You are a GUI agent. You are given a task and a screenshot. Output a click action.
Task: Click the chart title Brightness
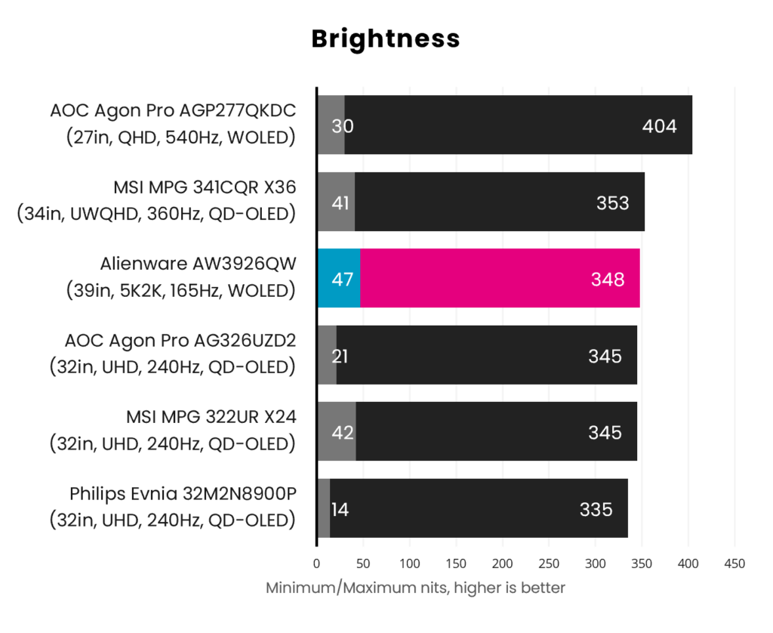[386, 39]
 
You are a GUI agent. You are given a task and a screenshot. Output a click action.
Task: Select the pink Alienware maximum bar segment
[500, 278]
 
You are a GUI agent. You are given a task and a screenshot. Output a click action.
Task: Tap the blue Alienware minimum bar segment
[339, 278]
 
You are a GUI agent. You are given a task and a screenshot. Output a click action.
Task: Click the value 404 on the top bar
[659, 126]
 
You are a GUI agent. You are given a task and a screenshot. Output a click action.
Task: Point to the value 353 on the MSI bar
[613, 202]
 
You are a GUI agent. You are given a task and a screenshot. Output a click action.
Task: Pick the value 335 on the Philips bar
[596, 509]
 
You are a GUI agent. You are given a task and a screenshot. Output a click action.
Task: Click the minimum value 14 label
[340, 509]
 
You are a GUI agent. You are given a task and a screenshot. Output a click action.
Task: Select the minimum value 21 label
[340, 356]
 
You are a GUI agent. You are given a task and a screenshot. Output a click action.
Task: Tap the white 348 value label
[608, 279]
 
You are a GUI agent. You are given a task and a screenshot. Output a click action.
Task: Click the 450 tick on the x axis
[735, 564]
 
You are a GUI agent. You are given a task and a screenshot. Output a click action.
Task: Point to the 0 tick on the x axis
[316, 564]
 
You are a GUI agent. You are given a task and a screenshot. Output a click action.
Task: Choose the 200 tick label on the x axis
[502, 564]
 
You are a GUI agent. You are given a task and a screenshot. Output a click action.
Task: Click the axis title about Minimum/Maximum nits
[415, 588]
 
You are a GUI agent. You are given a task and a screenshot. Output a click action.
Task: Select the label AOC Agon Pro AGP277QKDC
[173, 111]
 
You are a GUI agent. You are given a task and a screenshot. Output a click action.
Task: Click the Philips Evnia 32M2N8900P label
[183, 493]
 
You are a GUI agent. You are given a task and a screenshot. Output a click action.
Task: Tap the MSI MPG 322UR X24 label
[211, 417]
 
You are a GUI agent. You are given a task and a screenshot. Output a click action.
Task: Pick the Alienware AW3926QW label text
[199, 264]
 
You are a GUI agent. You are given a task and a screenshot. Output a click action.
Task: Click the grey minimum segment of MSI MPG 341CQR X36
[336, 201]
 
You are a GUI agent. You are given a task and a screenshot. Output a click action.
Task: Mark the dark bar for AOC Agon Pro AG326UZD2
[487, 355]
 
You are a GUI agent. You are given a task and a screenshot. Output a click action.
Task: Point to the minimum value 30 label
[342, 126]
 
